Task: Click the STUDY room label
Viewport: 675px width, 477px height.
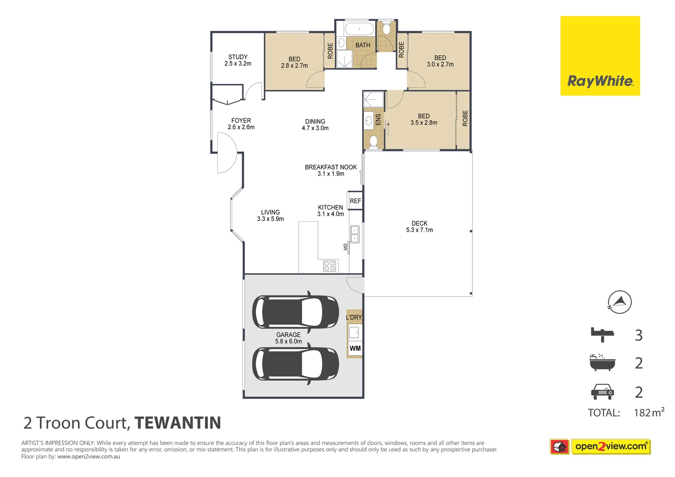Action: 238,60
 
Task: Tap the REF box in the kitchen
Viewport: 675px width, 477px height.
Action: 355,201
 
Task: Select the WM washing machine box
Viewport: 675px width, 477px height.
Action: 355,348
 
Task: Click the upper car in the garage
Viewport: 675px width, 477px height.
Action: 295,312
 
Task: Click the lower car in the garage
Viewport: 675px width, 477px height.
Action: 295,364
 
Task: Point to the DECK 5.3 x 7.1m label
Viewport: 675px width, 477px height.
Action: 419,227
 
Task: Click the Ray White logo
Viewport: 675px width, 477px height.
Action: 600,56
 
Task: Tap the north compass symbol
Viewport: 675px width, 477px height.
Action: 619,302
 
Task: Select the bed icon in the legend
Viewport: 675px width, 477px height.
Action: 602,334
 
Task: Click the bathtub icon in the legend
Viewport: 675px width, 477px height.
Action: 602,363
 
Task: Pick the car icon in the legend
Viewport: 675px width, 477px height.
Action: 602,391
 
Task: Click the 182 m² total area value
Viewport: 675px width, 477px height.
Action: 648,413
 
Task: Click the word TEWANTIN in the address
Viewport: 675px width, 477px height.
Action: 178,423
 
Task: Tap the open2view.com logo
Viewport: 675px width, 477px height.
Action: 610,447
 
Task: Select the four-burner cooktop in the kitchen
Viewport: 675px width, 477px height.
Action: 329,265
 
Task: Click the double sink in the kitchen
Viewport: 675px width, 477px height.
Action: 355,234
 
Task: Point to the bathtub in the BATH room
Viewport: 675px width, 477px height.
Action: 359,30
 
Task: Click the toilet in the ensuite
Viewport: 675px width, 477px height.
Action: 373,141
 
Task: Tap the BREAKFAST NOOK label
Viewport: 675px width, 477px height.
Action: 331,170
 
